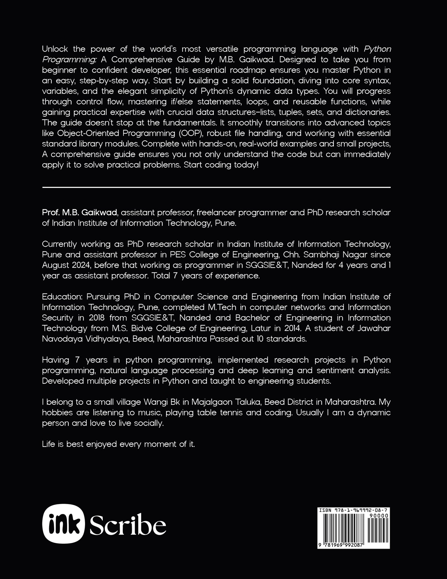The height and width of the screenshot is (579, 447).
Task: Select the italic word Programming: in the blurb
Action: (x=64, y=59)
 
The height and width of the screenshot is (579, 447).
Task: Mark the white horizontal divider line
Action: (x=216, y=187)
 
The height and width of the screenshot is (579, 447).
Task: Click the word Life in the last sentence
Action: (x=48, y=444)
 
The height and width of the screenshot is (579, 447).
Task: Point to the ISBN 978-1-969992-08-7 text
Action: (x=353, y=510)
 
